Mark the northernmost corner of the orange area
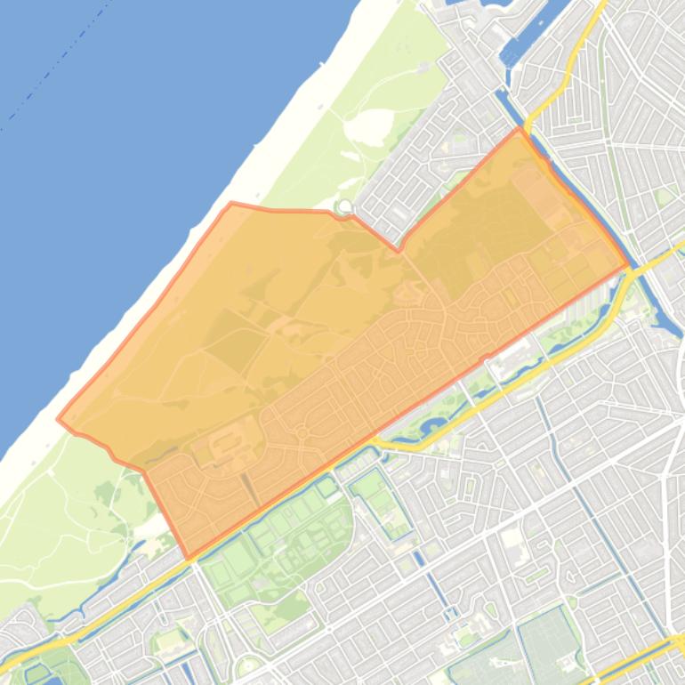coord(520,128)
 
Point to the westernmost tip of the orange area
coord(59,419)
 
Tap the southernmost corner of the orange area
coord(189,558)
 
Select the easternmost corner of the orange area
coord(629,265)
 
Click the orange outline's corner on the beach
coord(232,204)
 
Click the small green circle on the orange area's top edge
coord(343,207)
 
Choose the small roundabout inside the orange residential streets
coord(302,433)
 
